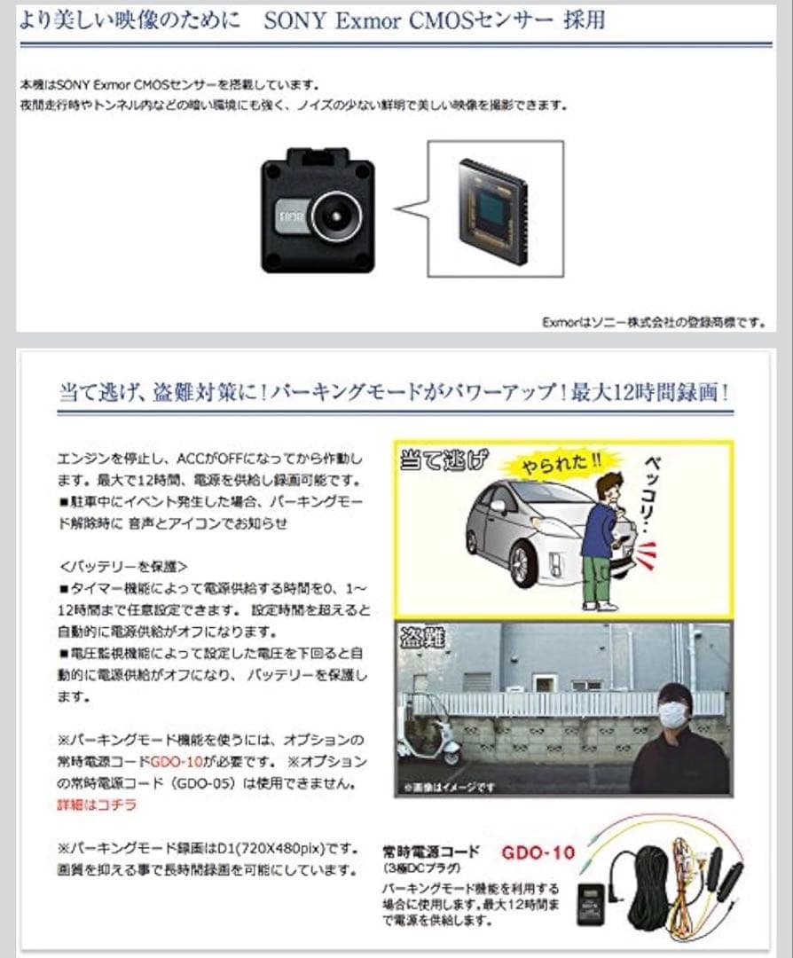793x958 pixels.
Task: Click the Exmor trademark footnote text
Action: pyautogui.click(x=653, y=322)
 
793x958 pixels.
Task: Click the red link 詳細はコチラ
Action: pyautogui.click(x=90, y=805)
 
